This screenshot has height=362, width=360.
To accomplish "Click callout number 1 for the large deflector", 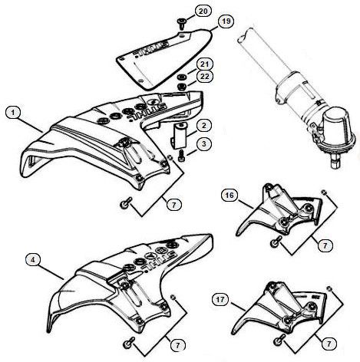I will pyautogui.click(x=13, y=112).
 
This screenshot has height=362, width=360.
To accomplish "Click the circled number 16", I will pyautogui.click(x=229, y=197).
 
